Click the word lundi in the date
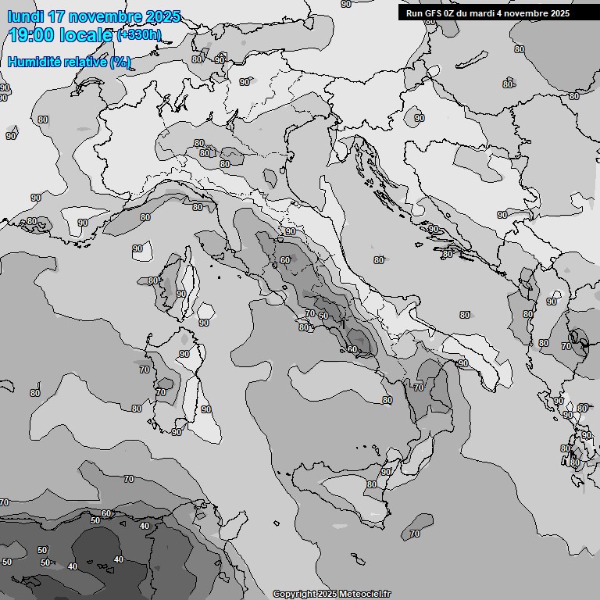coord(26,16)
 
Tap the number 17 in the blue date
coord(56,16)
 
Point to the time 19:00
coord(32,35)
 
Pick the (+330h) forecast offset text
coord(138,35)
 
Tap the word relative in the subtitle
coord(86,61)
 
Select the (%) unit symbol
coord(120,61)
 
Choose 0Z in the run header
coord(452,13)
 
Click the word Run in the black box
coord(414,13)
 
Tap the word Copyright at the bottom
coord(295,594)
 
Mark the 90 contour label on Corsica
coord(181,294)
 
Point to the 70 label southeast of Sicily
coord(414,534)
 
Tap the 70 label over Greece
coord(566,345)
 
